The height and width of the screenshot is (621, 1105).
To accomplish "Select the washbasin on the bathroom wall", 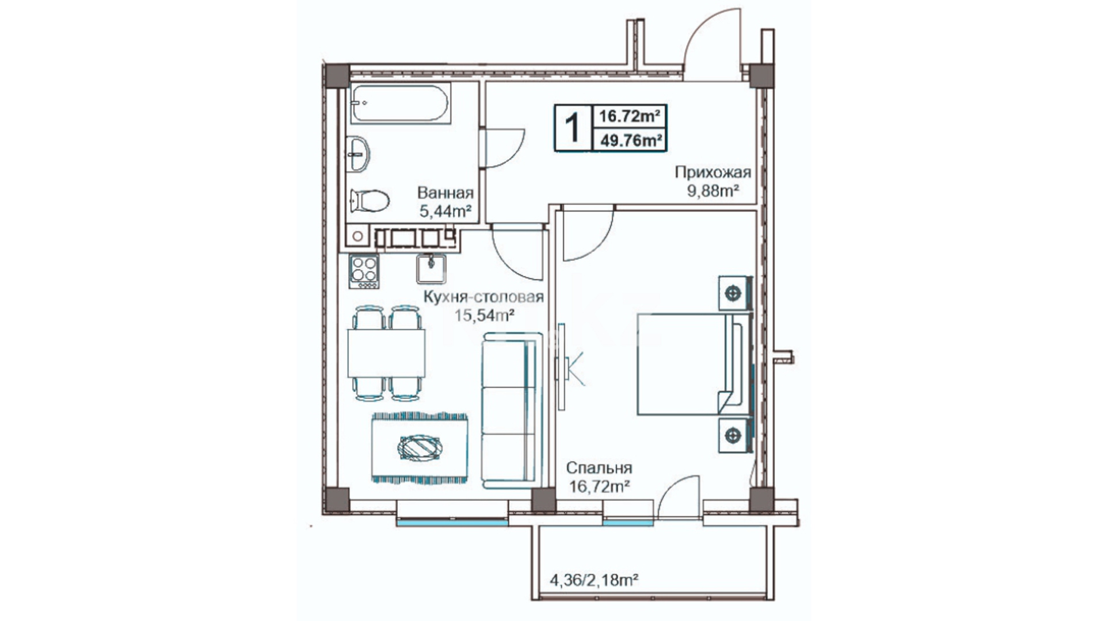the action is pyautogui.click(x=359, y=154).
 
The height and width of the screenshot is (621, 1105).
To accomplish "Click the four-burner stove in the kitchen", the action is pyautogui.click(x=364, y=271).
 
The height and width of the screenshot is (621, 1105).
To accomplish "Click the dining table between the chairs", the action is pyautogui.click(x=387, y=353).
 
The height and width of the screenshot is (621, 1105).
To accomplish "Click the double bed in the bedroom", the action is pyautogui.click(x=695, y=364).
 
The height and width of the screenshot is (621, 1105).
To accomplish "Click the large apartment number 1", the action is pyautogui.click(x=572, y=127).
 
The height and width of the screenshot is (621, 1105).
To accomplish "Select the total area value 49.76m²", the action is pyautogui.click(x=630, y=140).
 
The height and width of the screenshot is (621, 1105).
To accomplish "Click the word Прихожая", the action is pyautogui.click(x=713, y=172).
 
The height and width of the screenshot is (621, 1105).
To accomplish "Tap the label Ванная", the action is pyautogui.click(x=445, y=193).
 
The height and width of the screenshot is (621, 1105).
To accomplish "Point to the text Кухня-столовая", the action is pyautogui.click(x=483, y=297).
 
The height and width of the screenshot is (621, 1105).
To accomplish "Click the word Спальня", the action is pyautogui.click(x=599, y=468).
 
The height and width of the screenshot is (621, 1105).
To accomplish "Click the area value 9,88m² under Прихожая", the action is pyautogui.click(x=713, y=191).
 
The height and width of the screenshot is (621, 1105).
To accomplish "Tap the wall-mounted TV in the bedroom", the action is pyautogui.click(x=561, y=366).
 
